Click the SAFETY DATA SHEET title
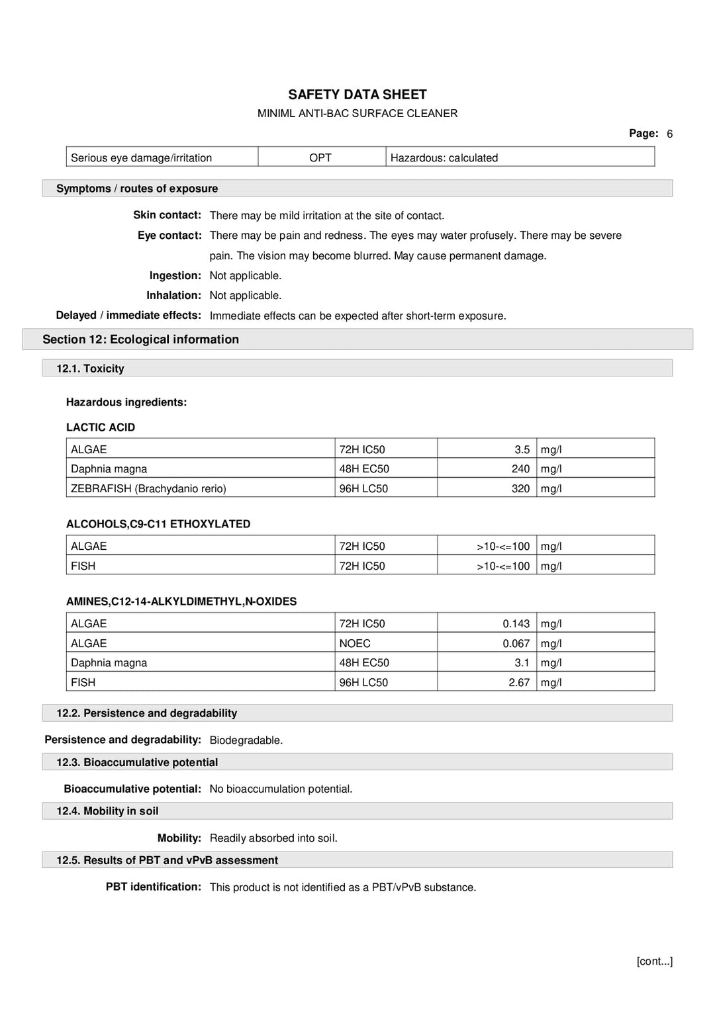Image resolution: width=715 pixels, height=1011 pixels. pyautogui.click(x=357, y=95)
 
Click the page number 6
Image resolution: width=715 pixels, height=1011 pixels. pyautogui.click(x=669, y=134)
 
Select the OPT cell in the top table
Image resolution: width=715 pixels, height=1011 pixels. pyautogui.click(x=320, y=157)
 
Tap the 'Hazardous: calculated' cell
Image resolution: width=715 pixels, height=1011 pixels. pyautogui.click(x=444, y=157)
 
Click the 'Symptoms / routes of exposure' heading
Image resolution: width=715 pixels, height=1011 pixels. pyautogui.click(x=137, y=189)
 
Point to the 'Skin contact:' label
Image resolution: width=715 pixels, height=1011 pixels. pyautogui.click(x=167, y=215)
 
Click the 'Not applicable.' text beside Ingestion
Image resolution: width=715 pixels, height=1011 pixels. pyautogui.click(x=245, y=275)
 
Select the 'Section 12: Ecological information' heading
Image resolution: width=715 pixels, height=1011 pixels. pyautogui.click(x=140, y=339)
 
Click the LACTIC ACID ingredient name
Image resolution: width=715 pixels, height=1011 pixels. pyautogui.click(x=101, y=427)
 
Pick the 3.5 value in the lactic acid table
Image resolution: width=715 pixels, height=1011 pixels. pyautogui.click(x=522, y=449)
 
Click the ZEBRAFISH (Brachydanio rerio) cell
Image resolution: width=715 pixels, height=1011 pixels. pyautogui.click(x=148, y=488)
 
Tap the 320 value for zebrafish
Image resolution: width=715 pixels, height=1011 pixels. pyautogui.click(x=520, y=488)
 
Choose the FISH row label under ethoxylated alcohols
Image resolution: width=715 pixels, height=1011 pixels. pyautogui.click(x=83, y=566)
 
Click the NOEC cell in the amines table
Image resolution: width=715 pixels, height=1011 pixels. pyautogui.click(x=355, y=643)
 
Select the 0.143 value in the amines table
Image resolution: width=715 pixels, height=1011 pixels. pyautogui.click(x=516, y=623)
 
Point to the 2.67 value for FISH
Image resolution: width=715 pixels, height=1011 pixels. pyautogui.click(x=519, y=682)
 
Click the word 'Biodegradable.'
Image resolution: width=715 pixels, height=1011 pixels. pyautogui.click(x=246, y=740)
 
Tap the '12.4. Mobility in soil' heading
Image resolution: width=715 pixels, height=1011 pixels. pyautogui.click(x=107, y=811)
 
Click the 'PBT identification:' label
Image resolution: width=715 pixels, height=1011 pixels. pyautogui.click(x=153, y=887)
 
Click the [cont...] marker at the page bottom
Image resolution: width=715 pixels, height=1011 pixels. pyautogui.click(x=654, y=961)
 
